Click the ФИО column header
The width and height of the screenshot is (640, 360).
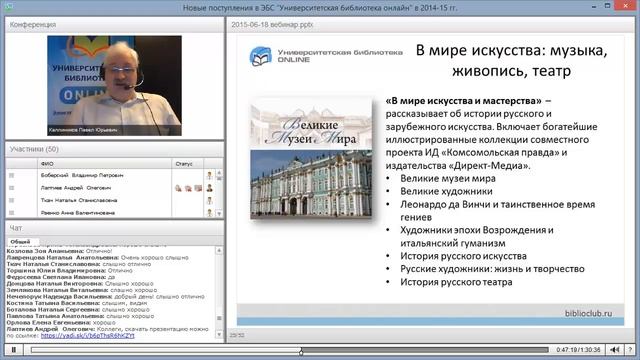tap(46, 162)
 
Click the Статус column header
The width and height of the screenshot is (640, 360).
tap(183, 162)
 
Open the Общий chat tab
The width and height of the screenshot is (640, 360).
tap(19, 241)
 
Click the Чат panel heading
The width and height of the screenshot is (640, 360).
tap(15, 228)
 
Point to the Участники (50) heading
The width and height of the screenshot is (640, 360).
tap(34, 149)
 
